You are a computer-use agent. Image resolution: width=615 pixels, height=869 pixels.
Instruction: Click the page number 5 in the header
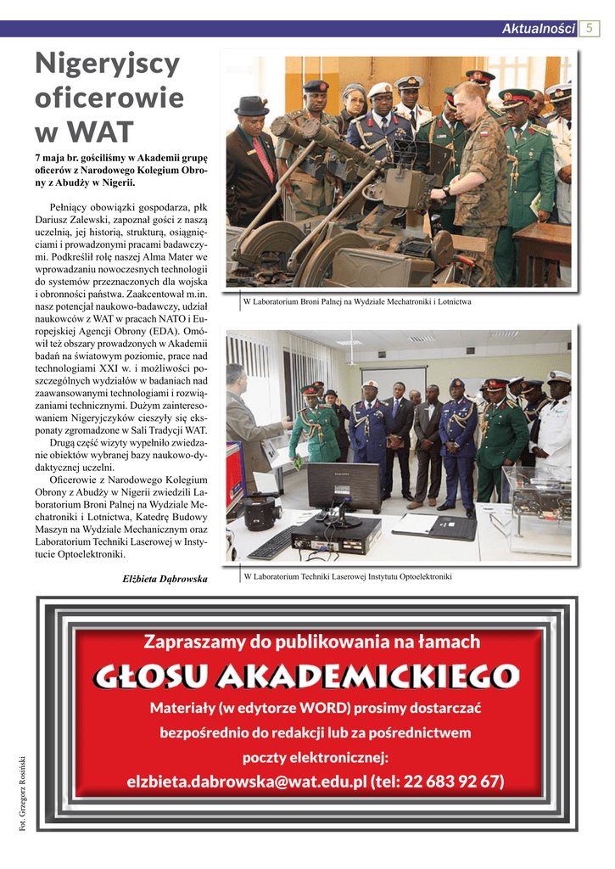coord(590,28)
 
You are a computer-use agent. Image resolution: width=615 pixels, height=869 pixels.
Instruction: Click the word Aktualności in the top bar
coord(539,29)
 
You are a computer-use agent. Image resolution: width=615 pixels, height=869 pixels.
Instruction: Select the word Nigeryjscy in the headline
coord(107,63)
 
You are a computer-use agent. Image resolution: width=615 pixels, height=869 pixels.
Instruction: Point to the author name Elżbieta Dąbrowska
coord(165,579)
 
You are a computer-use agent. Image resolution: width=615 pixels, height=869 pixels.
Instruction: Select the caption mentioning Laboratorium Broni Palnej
coord(357,301)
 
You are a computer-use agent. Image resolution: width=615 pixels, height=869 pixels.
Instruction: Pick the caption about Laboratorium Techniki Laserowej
coord(348,577)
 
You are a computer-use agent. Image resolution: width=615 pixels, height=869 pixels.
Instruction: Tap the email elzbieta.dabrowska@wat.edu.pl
coord(246,781)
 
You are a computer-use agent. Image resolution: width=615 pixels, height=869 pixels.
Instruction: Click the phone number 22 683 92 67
coord(454,781)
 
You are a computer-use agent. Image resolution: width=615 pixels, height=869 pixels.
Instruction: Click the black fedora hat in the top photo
coord(252,105)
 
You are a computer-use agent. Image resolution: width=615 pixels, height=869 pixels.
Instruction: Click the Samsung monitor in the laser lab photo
coord(343,486)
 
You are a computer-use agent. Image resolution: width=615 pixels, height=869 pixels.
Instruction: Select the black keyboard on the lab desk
coord(273,543)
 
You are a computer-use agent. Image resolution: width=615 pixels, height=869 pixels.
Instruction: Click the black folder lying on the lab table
coord(452,527)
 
